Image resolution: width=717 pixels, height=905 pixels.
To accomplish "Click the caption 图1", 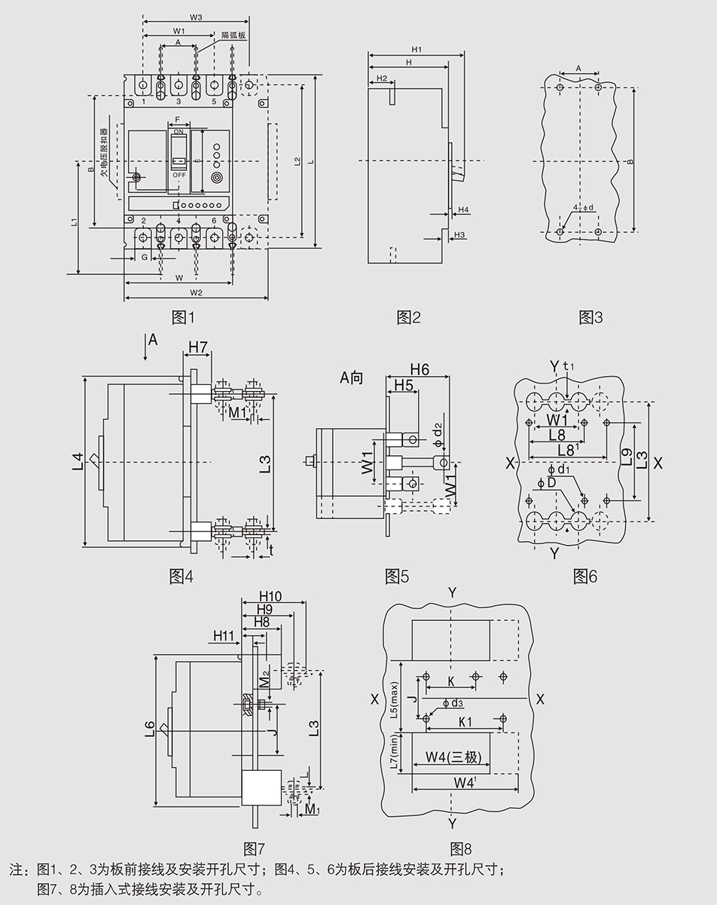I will (178, 317).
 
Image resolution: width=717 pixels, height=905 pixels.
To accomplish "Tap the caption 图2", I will (408, 317).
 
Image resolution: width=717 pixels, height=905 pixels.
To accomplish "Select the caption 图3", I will (590, 317).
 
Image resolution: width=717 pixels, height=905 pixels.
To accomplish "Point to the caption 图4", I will (181, 576).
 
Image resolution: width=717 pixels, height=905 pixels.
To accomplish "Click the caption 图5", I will (397, 576).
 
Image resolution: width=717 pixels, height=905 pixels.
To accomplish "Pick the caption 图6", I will (585, 576).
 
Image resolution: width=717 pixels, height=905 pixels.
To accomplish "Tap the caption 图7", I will (257, 847).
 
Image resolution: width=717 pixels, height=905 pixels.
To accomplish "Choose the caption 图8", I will (460, 847).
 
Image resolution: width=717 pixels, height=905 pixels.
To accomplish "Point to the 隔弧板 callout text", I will (232, 35).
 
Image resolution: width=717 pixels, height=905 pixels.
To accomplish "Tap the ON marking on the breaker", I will (178, 132).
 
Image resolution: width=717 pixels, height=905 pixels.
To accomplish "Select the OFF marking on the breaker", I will (178, 175).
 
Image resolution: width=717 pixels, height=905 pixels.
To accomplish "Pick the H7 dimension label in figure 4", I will (198, 347).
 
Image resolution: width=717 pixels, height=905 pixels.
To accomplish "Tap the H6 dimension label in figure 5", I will (420, 368).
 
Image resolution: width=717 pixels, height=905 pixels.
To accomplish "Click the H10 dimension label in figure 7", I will (270, 596).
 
